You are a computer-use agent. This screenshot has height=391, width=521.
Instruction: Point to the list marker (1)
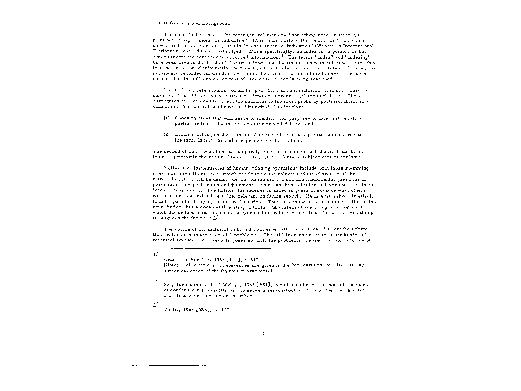tap(166, 118)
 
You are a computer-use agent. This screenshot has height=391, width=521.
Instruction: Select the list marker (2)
tap(166, 134)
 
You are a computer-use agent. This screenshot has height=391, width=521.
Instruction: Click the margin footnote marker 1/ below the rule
tap(155, 254)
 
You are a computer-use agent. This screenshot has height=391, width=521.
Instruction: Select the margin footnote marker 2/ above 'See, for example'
tap(155, 280)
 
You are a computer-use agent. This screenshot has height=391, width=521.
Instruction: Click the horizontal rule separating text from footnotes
tap(219, 249)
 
